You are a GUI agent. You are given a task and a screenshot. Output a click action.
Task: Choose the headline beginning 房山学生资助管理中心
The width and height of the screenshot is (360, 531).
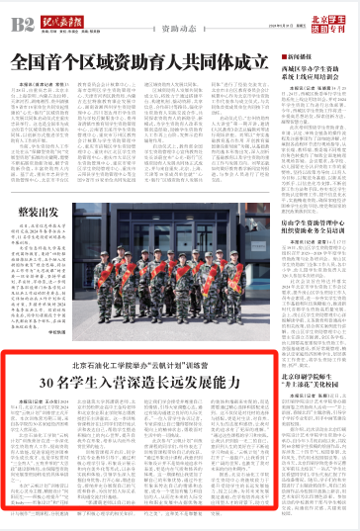[x=314, y=229]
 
